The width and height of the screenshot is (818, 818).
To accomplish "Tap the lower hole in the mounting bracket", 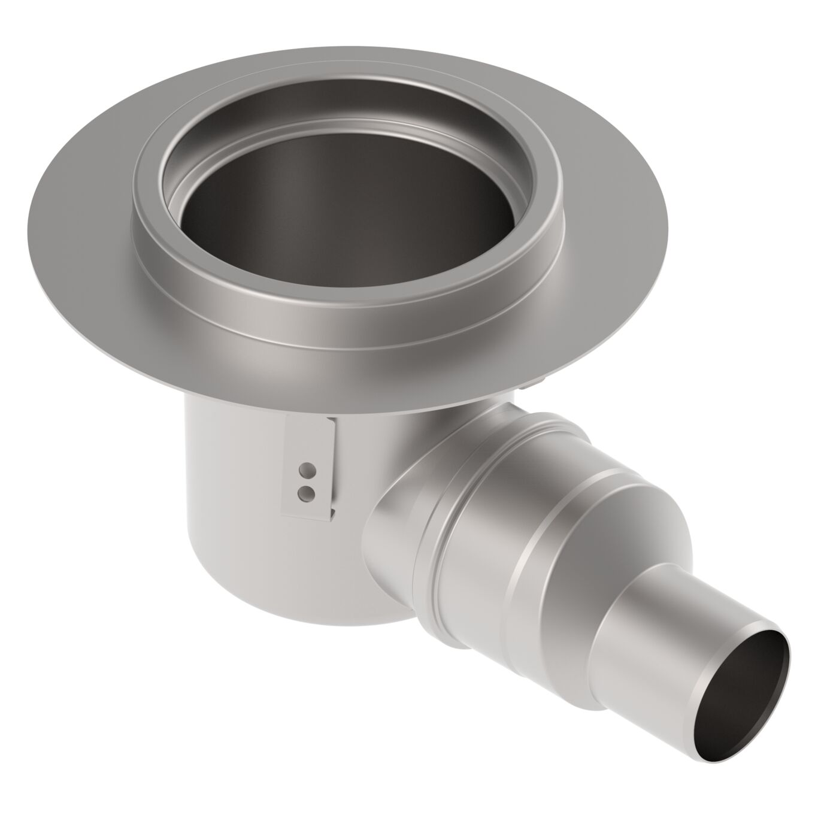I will click(x=307, y=492).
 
